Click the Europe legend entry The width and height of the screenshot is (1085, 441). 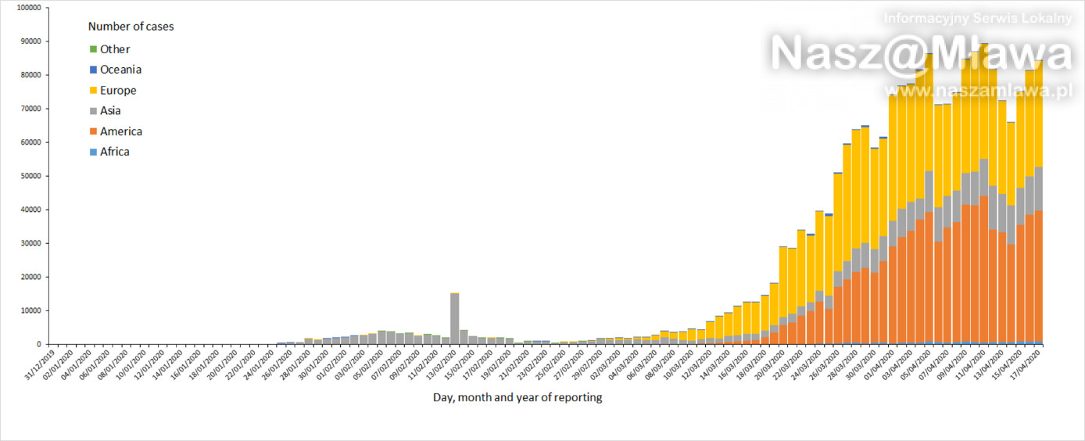point(118,91)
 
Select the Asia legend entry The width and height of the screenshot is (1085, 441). point(110,111)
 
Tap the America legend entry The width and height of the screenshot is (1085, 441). point(120,131)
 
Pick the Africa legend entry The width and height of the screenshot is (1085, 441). point(114,152)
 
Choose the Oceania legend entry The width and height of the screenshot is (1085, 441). point(120,70)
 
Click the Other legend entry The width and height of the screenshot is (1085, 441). point(114,49)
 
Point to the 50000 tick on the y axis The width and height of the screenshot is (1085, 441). point(30,176)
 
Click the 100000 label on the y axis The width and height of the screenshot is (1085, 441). point(28,8)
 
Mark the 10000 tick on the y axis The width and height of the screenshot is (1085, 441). point(30,310)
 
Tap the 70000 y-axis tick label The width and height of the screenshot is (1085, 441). point(30,109)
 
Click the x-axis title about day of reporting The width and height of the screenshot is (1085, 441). point(517,397)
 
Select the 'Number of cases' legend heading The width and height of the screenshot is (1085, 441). point(131,27)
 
